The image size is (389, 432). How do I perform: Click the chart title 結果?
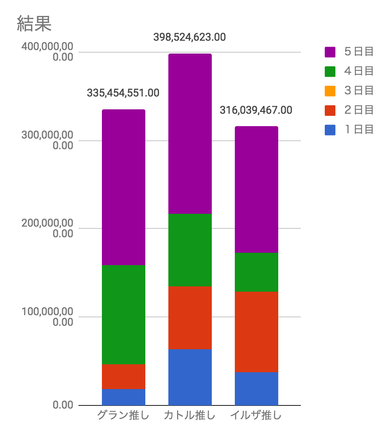click(x=34, y=23)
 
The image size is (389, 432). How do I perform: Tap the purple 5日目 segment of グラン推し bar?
click(x=124, y=187)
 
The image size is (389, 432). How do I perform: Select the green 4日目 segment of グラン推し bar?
click(x=124, y=315)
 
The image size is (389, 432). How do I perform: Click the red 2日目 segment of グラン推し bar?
click(x=124, y=377)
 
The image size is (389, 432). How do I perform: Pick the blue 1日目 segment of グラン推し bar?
click(x=124, y=397)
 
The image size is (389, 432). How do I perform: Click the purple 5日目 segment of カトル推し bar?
click(x=190, y=134)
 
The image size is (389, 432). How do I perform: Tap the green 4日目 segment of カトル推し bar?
click(x=190, y=250)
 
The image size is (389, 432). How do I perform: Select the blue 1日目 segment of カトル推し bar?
click(x=190, y=377)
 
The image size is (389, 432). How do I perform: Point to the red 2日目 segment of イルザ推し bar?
click(x=257, y=332)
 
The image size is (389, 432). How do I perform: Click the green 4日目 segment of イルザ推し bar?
click(x=257, y=272)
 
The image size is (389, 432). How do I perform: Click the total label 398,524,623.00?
click(x=190, y=37)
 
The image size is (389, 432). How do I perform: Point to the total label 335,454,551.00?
click(x=123, y=93)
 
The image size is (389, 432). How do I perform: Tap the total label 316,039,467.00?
click(x=256, y=110)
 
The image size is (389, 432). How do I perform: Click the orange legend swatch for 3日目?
click(x=330, y=91)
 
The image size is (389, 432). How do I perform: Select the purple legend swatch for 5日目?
click(x=330, y=52)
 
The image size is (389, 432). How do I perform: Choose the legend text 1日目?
click(x=359, y=130)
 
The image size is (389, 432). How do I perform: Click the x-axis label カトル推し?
click(x=190, y=415)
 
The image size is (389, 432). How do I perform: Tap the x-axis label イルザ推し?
click(x=256, y=415)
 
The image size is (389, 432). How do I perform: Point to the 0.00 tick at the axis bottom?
click(x=63, y=405)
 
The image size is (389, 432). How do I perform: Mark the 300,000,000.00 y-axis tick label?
click(x=47, y=140)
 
